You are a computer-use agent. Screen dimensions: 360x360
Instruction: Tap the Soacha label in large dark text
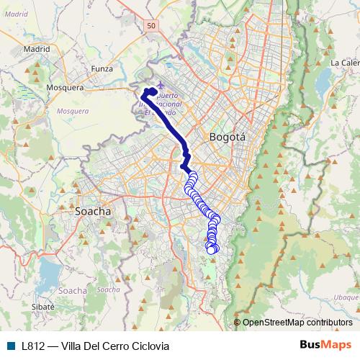(94, 212)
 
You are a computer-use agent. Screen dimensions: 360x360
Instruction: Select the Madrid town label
(36, 49)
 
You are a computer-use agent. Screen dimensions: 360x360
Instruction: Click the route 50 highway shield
(150, 25)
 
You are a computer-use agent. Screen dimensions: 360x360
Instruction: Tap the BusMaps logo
(325, 345)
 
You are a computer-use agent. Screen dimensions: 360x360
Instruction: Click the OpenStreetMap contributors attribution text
(297, 323)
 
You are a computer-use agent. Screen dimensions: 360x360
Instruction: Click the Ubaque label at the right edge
(346, 297)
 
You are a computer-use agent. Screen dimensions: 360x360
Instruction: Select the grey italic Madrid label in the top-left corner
(14, 13)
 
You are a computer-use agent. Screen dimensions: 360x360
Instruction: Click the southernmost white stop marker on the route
(211, 250)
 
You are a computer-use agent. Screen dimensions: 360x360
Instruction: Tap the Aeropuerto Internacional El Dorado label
(164, 104)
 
